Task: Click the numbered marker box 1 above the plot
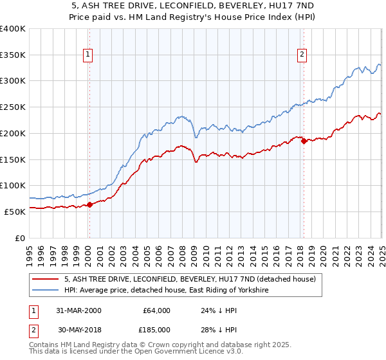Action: [x=87, y=55]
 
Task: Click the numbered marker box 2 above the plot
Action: [x=302, y=55]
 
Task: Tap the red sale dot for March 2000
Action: [x=90, y=204]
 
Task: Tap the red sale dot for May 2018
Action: [x=304, y=141]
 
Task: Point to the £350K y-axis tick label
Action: [x=13, y=55]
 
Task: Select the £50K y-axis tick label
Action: [x=15, y=212]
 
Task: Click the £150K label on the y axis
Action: [x=13, y=159]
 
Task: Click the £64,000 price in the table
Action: [x=156, y=310]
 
